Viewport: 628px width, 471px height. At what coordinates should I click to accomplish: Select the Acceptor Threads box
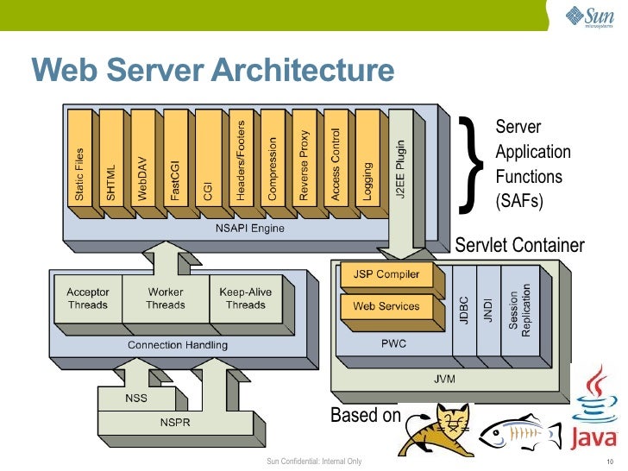[x=88, y=298]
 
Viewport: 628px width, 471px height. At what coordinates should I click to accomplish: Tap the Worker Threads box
[x=165, y=298]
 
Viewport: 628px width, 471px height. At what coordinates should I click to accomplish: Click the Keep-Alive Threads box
[x=245, y=298]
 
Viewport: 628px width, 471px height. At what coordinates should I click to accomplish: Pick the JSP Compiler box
[x=386, y=275]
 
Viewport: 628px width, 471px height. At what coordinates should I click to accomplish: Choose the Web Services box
[x=386, y=306]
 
